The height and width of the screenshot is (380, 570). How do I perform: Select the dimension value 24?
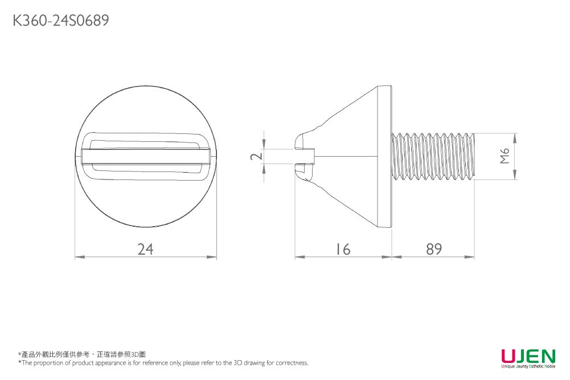tap(146, 249)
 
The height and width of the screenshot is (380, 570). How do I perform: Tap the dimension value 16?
tap(343, 249)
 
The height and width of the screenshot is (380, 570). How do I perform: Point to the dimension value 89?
tap(434, 249)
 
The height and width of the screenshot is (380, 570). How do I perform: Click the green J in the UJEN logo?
tap(522, 356)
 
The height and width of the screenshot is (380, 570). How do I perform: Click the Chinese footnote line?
tap(82, 354)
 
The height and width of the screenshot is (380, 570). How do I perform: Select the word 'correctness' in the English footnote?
tap(292, 362)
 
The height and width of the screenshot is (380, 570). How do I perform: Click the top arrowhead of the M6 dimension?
tap(515, 137)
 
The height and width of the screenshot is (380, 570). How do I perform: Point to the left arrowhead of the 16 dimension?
tap(298, 257)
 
